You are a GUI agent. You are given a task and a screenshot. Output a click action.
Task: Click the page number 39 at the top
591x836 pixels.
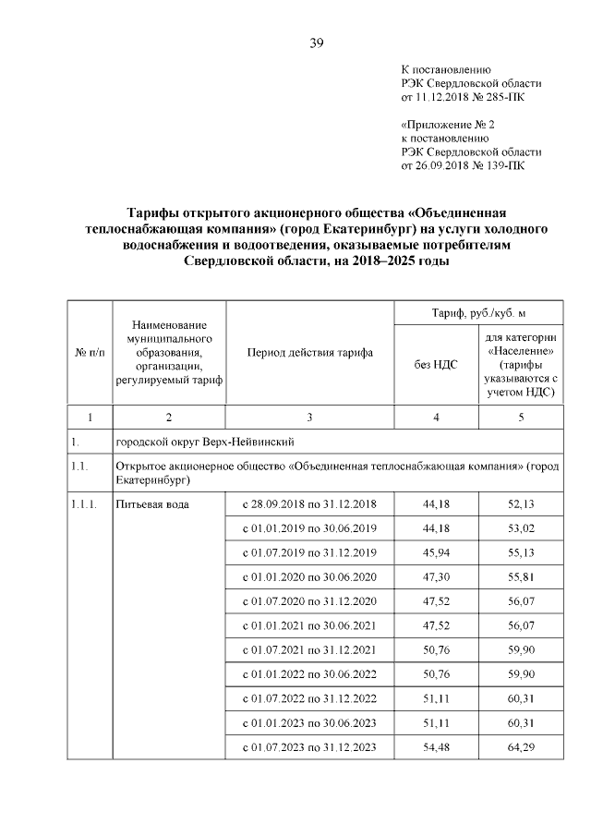tap(316, 42)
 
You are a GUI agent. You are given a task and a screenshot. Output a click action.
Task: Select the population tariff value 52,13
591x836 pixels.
tap(521, 503)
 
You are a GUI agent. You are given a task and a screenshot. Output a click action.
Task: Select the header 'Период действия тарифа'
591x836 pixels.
tap(309, 353)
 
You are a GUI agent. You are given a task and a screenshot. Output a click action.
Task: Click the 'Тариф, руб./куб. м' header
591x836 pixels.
tap(478, 313)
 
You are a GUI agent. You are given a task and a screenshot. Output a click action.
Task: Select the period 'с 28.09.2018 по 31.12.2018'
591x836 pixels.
tap(308, 503)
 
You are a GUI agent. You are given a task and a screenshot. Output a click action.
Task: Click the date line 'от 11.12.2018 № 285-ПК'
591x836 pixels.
tap(465, 95)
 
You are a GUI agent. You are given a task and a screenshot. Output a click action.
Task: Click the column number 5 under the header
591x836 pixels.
tap(521, 418)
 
